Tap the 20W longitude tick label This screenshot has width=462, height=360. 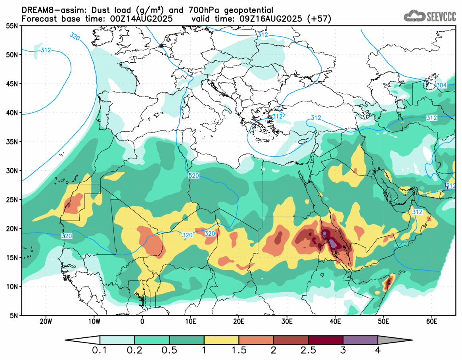click(x=46, y=321)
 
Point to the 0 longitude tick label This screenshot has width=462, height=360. click(x=142, y=321)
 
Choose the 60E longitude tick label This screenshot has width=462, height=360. click(x=431, y=321)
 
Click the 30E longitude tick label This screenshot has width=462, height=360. click(x=287, y=321)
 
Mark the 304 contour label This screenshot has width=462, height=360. click(x=441, y=86)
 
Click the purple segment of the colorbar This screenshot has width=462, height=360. click(x=360, y=340)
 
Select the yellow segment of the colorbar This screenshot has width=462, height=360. click(x=221, y=340)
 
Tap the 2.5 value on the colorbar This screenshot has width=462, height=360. click(x=308, y=350)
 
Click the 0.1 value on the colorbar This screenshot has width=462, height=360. click(x=100, y=350)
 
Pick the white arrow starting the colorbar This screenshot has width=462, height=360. click(x=83, y=340)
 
